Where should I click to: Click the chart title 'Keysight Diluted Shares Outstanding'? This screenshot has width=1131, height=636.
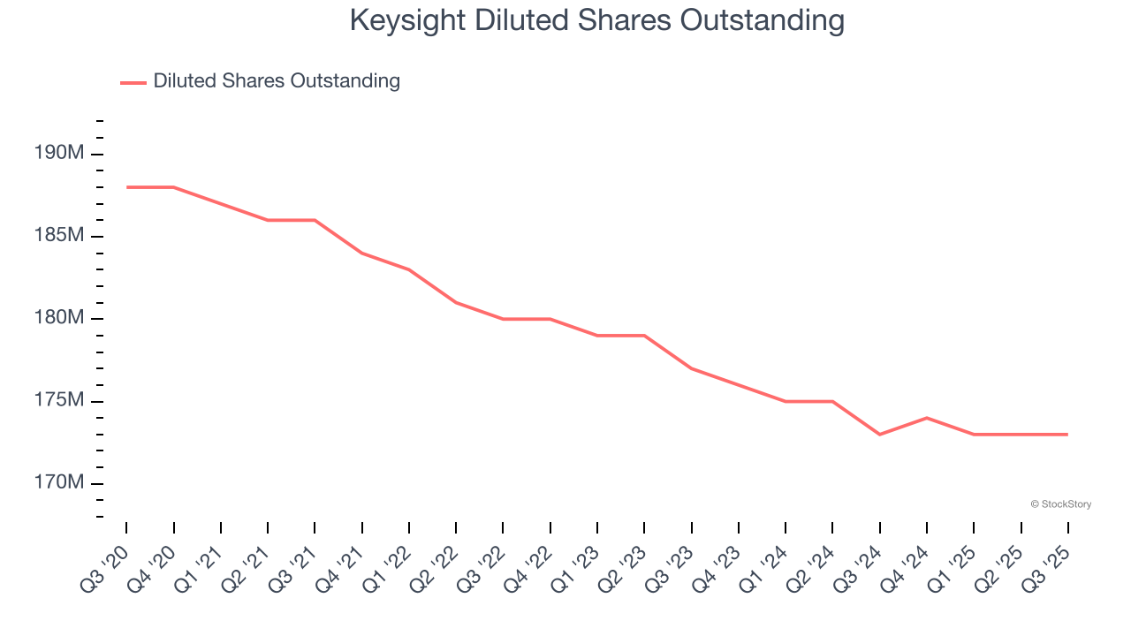[596, 20]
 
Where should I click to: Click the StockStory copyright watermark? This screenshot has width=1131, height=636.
[1060, 504]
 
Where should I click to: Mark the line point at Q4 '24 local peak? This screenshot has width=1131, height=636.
[927, 418]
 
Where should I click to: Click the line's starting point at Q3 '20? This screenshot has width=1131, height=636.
[126, 187]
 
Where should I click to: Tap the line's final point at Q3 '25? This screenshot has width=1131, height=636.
[1067, 435]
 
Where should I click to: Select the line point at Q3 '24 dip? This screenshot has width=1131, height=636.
[879, 435]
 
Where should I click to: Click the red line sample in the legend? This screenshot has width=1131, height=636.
[133, 82]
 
